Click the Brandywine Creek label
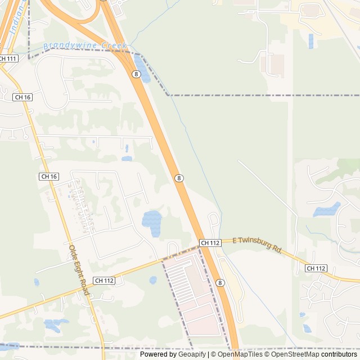(85, 46)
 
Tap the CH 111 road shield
(8, 58)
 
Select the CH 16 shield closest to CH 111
(22, 97)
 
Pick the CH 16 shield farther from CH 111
(49, 176)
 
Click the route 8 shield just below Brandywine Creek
(136, 74)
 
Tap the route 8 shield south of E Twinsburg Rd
(220, 282)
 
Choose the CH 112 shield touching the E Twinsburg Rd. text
(210, 242)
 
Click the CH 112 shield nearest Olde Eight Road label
(104, 280)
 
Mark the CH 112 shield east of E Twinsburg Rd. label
(316, 268)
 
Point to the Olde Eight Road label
(79, 270)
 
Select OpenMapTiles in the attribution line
(239, 354)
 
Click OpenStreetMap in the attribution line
(295, 354)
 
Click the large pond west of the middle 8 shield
(152, 219)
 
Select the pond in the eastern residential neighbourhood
(327, 210)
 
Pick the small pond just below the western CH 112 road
(153, 280)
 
